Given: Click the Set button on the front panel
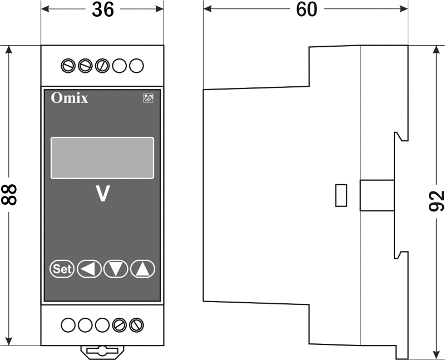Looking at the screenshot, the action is click(x=62, y=269).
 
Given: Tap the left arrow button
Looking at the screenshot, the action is click(x=89, y=269).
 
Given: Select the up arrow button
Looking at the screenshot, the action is click(x=142, y=269).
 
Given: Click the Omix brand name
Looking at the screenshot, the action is click(x=70, y=98).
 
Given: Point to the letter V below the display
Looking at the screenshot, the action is click(x=102, y=194).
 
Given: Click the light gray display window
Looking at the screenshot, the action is click(x=102, y=158).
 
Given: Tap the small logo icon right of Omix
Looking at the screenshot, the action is click(x=148, y=98).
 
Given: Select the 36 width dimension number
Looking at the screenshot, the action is click(x=103, y=9).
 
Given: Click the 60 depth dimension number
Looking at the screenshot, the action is click(x=306, y=9).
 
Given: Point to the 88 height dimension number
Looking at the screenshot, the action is click(x=9, y=195).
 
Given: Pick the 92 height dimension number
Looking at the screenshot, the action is click(x=436, y=201).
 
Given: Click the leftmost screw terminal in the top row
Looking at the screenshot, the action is click(x=68, y=66).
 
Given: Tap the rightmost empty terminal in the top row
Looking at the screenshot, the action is click(x=136, y=66).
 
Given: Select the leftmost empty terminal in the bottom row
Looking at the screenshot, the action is click(x=68, y=325).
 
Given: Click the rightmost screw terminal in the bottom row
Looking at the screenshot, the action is click(x=136, y=325).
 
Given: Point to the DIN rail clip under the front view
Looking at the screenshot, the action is click(x=102, y=351).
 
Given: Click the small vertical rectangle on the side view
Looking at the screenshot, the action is click(x=341, y=195).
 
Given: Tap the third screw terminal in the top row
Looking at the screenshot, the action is click(x=102, y=66).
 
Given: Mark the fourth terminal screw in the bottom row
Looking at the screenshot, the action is click(x=120, y=325).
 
